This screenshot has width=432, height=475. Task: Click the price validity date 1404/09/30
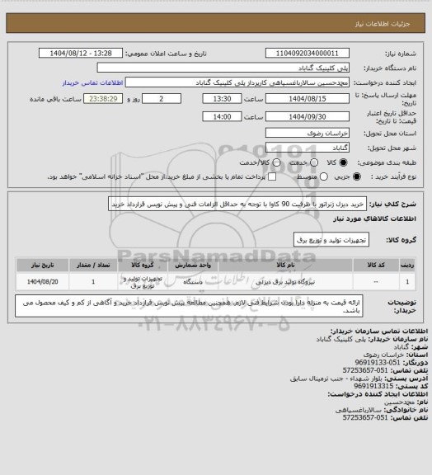click(302, 116)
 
